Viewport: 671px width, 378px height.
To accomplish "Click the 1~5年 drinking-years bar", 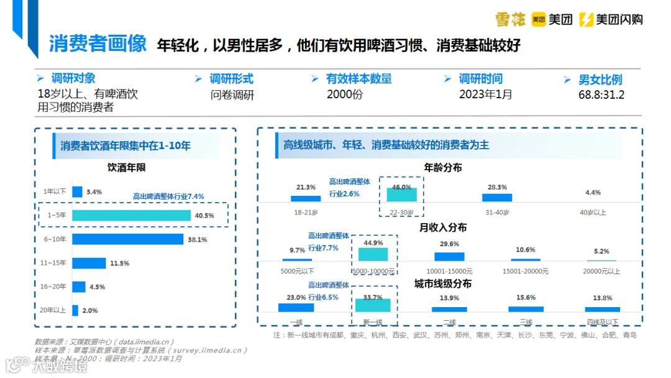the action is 131,215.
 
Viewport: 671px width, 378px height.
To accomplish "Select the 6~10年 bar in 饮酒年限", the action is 127,239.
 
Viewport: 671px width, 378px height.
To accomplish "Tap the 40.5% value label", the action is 204,216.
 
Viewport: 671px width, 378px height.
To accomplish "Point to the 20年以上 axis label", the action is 52,310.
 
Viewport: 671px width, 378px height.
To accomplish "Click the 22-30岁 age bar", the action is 401,195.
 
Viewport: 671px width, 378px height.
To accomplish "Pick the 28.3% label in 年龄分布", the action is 497,187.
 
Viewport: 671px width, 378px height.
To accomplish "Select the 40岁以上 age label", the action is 593,213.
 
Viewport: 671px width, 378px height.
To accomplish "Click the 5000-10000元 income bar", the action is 373,254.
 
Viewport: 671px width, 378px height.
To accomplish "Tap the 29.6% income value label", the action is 449,244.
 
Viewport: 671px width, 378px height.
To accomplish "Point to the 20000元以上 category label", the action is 602,271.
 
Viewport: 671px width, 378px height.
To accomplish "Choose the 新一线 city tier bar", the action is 373,305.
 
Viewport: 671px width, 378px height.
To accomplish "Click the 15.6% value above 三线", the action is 526,298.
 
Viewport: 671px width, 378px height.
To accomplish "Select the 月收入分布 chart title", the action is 443,228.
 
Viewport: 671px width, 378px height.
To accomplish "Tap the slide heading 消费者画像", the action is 98,44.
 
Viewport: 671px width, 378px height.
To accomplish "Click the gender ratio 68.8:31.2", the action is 601,95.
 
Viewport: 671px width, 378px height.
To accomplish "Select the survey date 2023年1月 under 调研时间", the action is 485,94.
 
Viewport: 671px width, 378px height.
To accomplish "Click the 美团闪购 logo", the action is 611,20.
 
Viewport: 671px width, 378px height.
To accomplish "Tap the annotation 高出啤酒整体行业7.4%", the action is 168,196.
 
